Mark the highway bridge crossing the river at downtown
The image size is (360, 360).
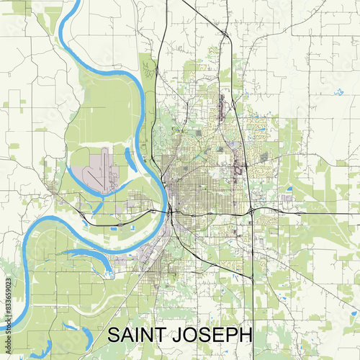coord(170,212)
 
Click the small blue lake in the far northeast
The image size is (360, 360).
coord(338,92)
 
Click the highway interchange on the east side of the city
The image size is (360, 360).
coord(251,210)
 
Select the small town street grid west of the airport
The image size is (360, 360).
coord(54,189)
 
